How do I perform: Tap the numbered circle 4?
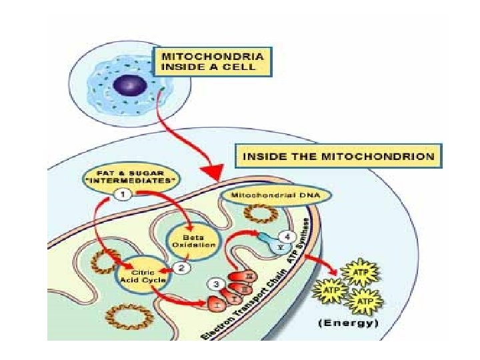286,235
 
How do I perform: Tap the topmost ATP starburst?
359,272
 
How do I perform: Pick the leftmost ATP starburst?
329,291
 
